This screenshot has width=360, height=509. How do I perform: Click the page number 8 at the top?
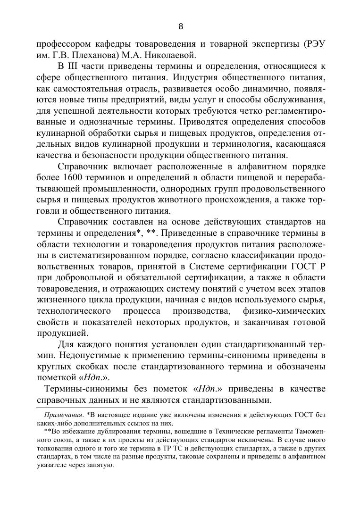(180, 26)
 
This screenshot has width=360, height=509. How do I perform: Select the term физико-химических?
(285, 311)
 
